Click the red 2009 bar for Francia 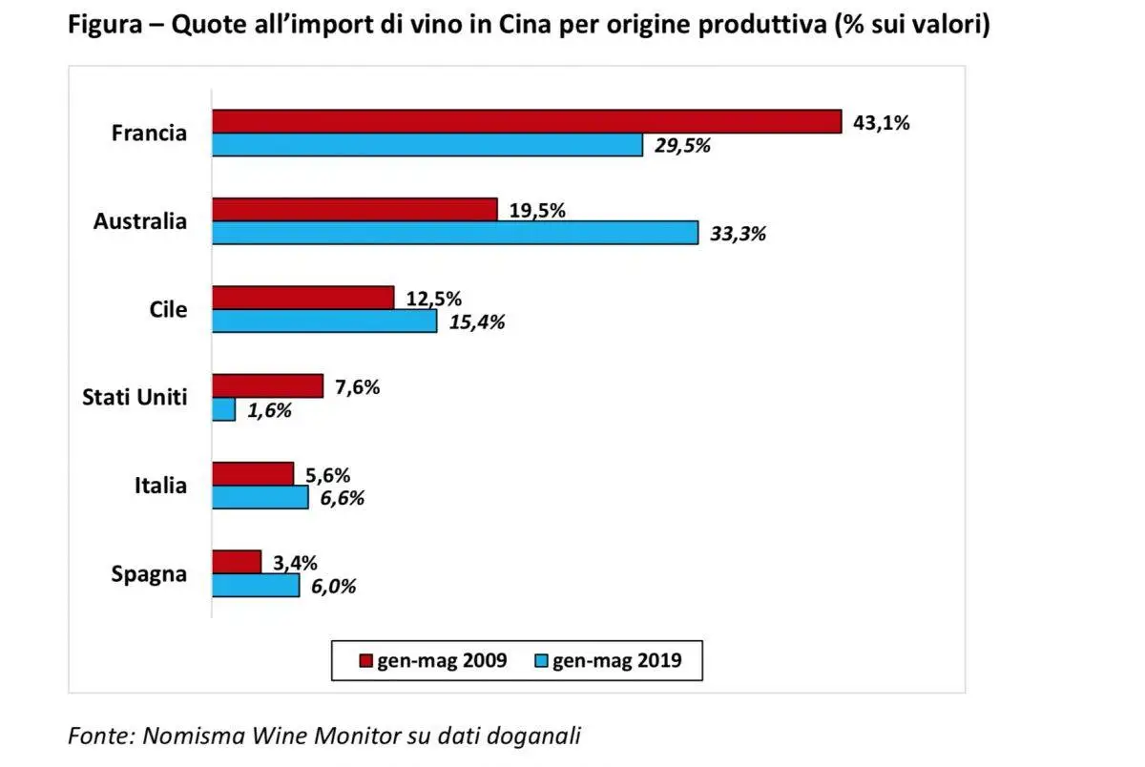(x=526, y=121)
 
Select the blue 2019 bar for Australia (x=454, y=233)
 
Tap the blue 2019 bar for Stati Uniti (x=223, y=409)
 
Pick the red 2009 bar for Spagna (x=236, y=562)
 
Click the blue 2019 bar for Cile (x=324, y=321)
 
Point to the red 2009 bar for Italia (x=253, y=474)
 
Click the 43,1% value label (x=881, y=123)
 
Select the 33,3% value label (x=739, y=234)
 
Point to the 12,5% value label (x=434, y=299)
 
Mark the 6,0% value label (x=333, y=587)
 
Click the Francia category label (x=149, y=134)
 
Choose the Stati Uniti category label (x=134, y=398)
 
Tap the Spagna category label (x=149, y=574)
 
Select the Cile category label (x=168, y=310)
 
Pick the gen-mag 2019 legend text (x=616, y=660)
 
